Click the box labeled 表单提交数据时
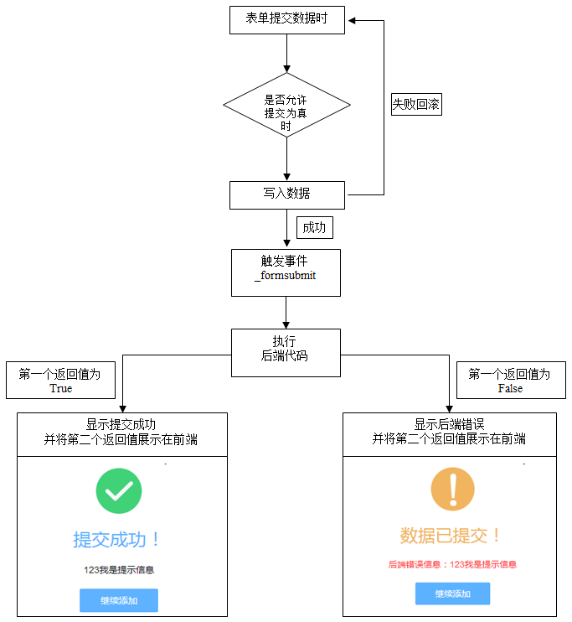287,19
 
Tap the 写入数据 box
286,194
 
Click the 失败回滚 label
416,105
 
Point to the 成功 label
314,227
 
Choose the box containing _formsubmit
286,272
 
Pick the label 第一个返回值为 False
510,381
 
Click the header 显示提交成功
121,433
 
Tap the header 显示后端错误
450,433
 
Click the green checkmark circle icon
118,490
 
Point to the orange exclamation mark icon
452,489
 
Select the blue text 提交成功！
117,540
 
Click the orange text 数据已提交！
451,536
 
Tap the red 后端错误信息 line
452,565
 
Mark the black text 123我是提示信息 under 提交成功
118,570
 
